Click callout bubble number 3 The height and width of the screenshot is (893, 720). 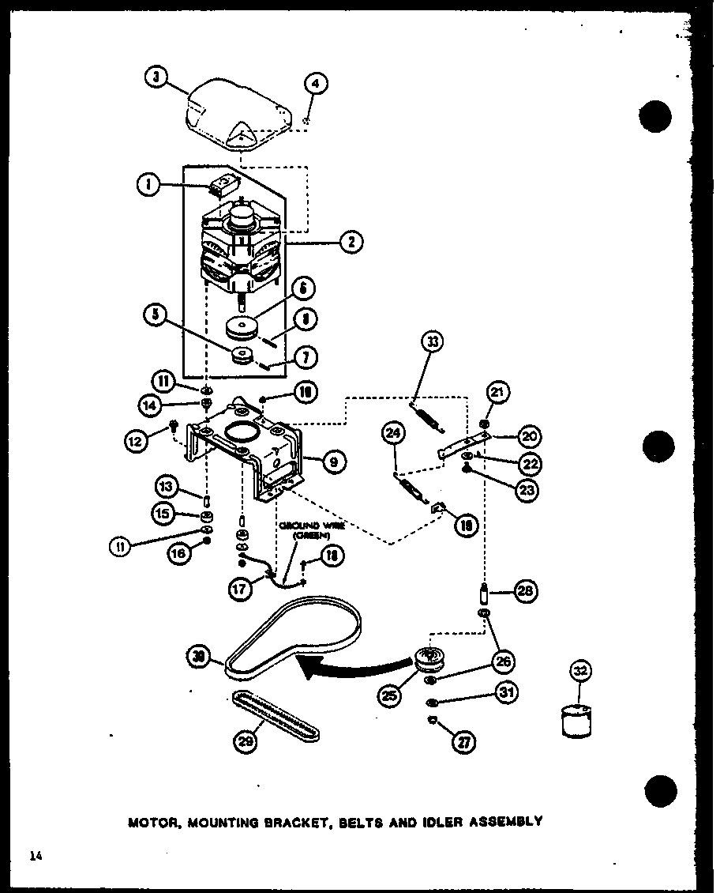[157, 77]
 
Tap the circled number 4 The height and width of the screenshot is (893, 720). [317, 83]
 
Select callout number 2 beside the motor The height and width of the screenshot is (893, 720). [351, 243]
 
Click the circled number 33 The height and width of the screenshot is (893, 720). [433, 342]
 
